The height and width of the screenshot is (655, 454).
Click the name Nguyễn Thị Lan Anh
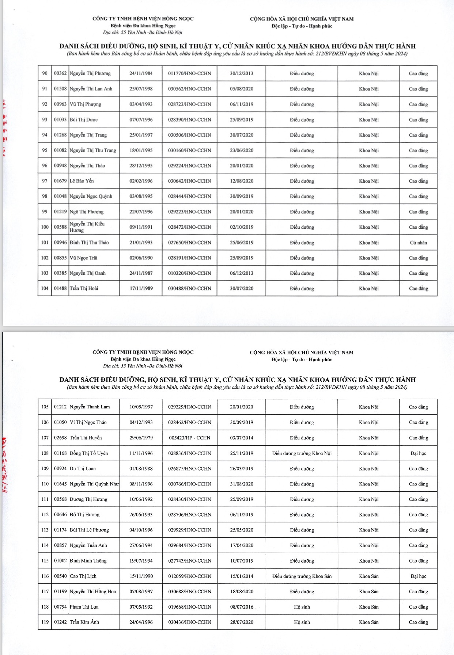click(x=91, y=89)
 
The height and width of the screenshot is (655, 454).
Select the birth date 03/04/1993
click(x=141, y=104)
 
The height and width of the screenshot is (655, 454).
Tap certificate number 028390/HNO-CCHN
click(x=189, y=120)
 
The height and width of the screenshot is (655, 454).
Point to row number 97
click(x=45, y=181)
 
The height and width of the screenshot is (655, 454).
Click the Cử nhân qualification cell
click(x=418, y=243)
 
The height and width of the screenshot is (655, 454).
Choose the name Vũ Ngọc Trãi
click(x=84, y=258)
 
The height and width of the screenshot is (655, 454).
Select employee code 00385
click(x=60, y=273)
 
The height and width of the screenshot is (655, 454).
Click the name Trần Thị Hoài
click(x=84, y=289)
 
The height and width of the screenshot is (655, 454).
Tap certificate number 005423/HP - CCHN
click(x=189, y=438)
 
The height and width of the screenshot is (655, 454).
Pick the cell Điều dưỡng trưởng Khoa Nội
click(x=302, y=453)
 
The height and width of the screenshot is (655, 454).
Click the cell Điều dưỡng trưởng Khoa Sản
click(x=302, y=576)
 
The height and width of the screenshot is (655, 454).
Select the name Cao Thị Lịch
click(x=83, y=576)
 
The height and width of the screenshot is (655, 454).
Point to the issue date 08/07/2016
click(x=241, y=607)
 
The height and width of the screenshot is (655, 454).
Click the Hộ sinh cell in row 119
click(x=302, y=622)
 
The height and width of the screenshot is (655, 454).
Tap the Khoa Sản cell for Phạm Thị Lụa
click(x=368, y=607)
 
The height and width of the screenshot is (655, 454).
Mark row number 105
click(x=45, y=407)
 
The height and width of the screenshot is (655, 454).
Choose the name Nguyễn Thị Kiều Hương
click(x=87, y=227)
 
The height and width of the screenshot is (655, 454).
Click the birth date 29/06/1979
click(x=141, y=438)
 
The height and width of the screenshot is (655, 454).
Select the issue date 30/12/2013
click(x=241, y=73)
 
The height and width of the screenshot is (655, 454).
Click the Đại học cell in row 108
click(x=418, y=453)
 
